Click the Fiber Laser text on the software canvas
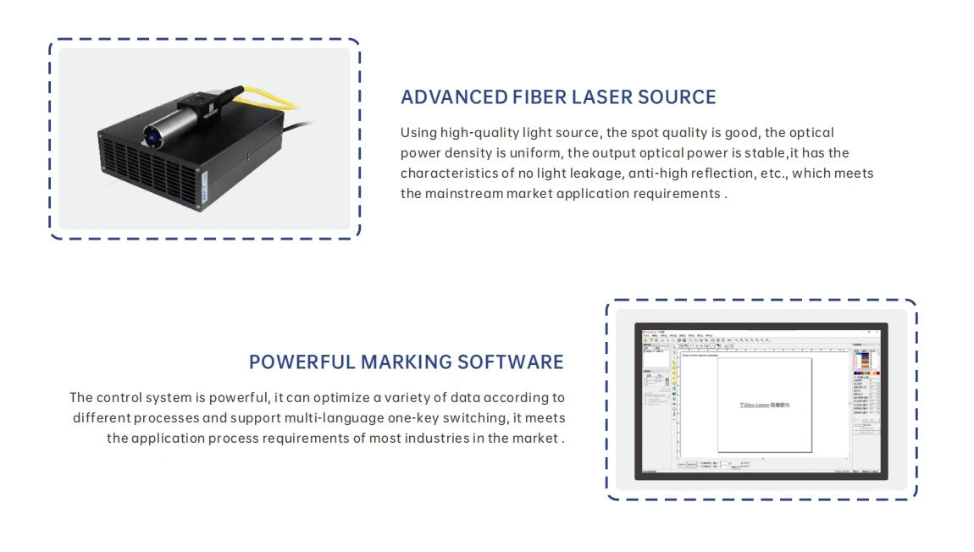(764, 405)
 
